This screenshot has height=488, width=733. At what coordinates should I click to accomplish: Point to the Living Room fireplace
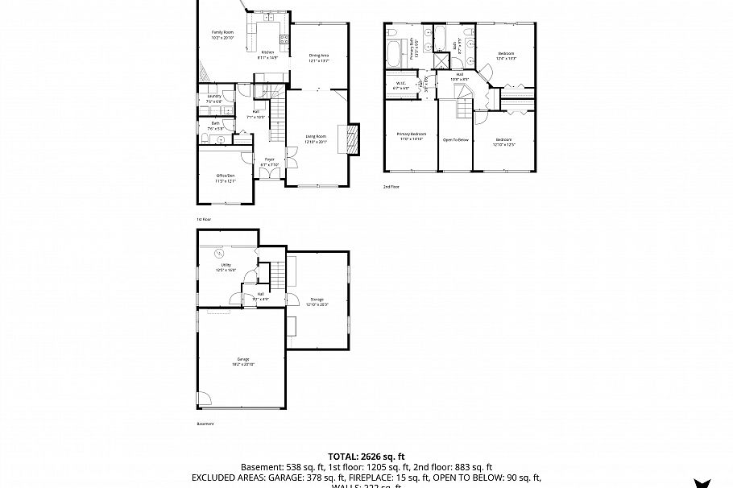tap(351, 139)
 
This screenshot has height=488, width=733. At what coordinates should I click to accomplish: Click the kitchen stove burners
tap(284, 38)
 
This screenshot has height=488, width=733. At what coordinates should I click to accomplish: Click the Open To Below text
tap(455, 140)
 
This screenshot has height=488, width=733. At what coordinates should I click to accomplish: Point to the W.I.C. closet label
tap(400, 85)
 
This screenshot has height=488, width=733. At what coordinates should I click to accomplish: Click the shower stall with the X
tap(442, 61)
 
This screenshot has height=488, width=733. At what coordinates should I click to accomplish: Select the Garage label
tap(242, 361)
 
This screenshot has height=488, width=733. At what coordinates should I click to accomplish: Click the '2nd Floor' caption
tap(391, 186)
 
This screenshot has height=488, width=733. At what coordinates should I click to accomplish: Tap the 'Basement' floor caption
tap(205, 423)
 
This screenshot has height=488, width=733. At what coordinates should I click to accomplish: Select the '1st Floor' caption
tap(204, 219)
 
